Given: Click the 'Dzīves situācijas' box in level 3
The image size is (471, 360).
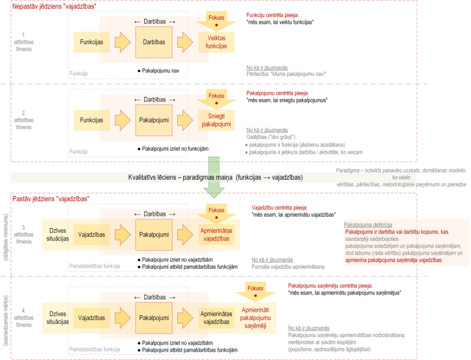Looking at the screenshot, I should coord(55,234).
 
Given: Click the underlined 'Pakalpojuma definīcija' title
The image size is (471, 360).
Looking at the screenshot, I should coord(369,224).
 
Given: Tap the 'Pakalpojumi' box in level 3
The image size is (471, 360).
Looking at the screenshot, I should coord(154,234).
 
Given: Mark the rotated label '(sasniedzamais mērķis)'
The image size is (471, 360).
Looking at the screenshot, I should coord(5,313).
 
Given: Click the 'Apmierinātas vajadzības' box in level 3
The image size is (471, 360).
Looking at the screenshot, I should coord(216,234).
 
